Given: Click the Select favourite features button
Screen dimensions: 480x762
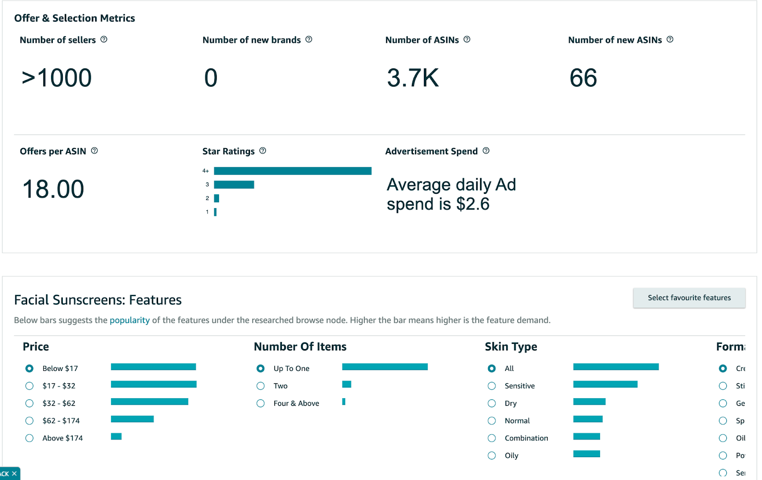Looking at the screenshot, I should coord(689,298).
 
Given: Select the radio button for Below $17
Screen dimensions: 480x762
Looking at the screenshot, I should coord(30,369).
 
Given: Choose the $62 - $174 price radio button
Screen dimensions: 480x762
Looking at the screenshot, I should coord(30,421).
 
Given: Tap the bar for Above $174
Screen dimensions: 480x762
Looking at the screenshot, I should coord(116,437).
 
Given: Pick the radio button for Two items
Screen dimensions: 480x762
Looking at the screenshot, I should coord(261,386).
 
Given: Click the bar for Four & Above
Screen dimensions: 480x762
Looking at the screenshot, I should coord(344,402).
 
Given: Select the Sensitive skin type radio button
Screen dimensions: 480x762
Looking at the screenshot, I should coord(492,386).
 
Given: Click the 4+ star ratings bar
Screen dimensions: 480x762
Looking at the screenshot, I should coord(292,171).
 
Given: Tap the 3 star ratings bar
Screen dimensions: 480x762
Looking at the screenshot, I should coord(234,185).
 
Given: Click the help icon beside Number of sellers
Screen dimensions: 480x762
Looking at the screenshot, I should coord(104,40).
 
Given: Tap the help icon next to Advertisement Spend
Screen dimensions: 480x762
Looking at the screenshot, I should coord(486,151).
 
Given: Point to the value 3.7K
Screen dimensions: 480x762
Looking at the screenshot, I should coord(412,78).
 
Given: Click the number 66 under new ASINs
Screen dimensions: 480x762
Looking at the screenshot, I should coord(583,78).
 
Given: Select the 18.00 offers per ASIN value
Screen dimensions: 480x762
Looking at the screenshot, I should coord(53,189).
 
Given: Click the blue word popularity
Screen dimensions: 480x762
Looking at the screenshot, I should coord(130,320).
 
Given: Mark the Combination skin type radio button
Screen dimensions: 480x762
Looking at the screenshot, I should coord(492,439).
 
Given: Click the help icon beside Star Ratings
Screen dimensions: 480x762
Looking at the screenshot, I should coord(262,151).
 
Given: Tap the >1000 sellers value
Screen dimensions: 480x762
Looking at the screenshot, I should coord(57,78).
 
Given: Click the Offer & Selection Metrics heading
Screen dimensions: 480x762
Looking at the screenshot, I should coord(75,18).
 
